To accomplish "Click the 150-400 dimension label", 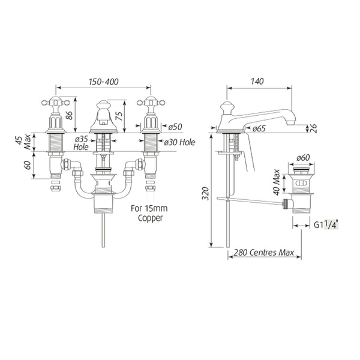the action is point(104,82).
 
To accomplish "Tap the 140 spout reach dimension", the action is point(257,81).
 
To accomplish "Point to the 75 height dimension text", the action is point(119,115).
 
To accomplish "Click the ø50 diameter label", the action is point(175,127).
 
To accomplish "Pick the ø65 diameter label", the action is point(259,128).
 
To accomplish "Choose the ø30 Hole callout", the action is point(179,142).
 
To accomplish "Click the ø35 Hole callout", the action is point(81,143).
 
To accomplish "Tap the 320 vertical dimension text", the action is point(206,194).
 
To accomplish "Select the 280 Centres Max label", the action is point(264,253).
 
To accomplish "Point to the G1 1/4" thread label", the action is point(326,225).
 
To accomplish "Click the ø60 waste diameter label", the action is point(303,158).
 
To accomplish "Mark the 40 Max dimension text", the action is point(277,182).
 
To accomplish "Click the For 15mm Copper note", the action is point(149,213).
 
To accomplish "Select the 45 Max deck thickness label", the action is point(24,142).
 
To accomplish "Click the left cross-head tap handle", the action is point(56,103).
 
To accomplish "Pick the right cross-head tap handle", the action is point(151,103).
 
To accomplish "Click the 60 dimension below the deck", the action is point(28,166).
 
